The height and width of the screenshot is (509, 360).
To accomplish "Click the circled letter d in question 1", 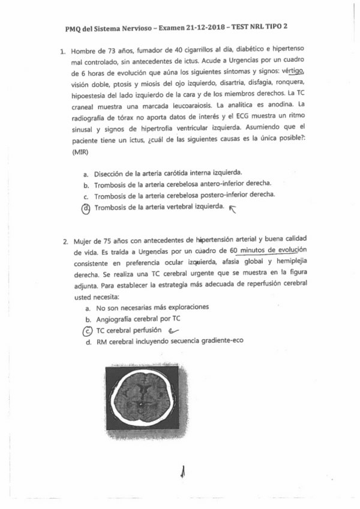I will (x=86, y=208).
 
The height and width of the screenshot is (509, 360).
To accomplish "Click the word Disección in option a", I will (x=112, y=173).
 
